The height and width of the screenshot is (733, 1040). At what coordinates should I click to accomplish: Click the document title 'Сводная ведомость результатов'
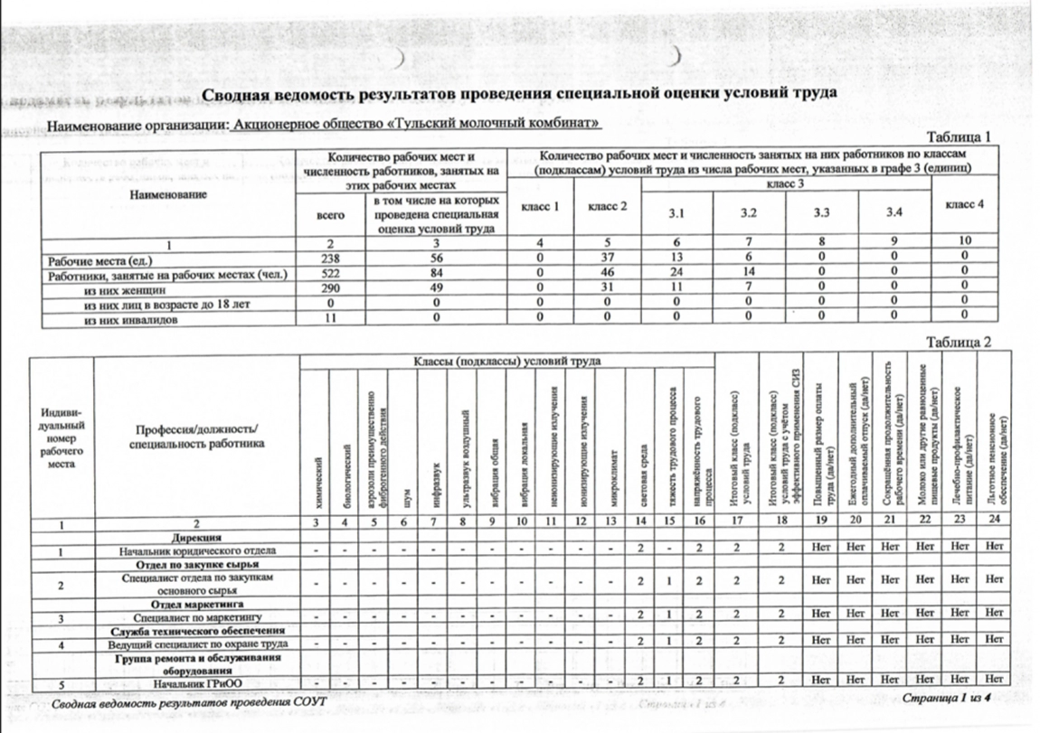[518, 94]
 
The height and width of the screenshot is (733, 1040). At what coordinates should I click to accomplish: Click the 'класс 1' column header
[541, 206]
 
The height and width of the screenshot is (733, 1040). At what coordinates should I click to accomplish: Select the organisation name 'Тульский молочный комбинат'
[516, 122]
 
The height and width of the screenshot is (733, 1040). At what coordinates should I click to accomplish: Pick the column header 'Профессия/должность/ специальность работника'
[196, 436]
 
